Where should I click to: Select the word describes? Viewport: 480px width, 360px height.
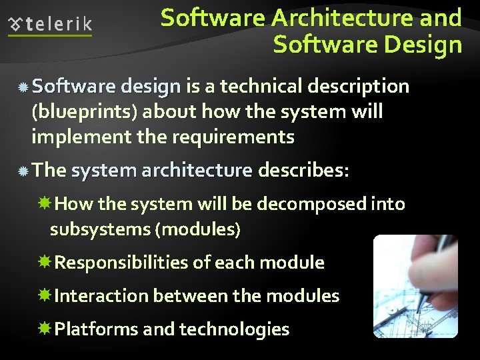click(303, 171)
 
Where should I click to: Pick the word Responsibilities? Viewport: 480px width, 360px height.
click(121, 263)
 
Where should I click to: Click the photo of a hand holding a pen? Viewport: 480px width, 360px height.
click(415, 286)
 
